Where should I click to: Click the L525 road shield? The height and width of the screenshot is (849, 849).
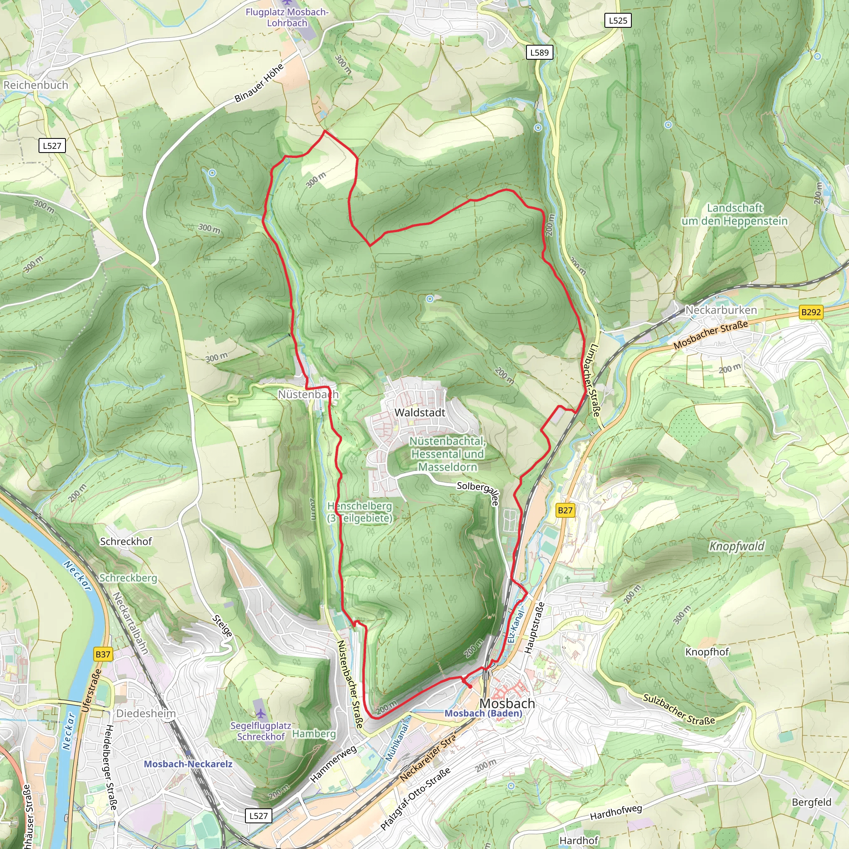618,20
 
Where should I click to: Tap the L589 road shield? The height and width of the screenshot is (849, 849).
539,52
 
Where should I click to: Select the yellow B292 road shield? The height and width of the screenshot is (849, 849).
811,312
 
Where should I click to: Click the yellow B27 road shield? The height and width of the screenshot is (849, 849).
565,510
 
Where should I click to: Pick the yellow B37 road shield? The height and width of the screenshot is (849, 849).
103,654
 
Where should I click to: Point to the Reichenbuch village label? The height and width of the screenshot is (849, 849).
36,85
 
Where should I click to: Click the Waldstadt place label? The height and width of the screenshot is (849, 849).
420,412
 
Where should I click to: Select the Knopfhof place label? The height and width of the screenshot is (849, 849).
707,652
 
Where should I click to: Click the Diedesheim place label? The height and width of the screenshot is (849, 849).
146,713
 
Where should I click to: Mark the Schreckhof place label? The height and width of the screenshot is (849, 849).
126,541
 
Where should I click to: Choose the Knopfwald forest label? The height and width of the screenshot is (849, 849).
737,546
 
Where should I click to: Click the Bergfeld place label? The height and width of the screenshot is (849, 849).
811,802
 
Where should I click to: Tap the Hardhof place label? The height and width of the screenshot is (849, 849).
579,841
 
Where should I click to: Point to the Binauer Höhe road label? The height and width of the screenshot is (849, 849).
259,83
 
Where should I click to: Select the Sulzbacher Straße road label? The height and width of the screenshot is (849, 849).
679,709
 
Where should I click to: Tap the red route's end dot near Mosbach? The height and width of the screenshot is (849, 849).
470,686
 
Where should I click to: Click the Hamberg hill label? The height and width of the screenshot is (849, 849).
314,733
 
